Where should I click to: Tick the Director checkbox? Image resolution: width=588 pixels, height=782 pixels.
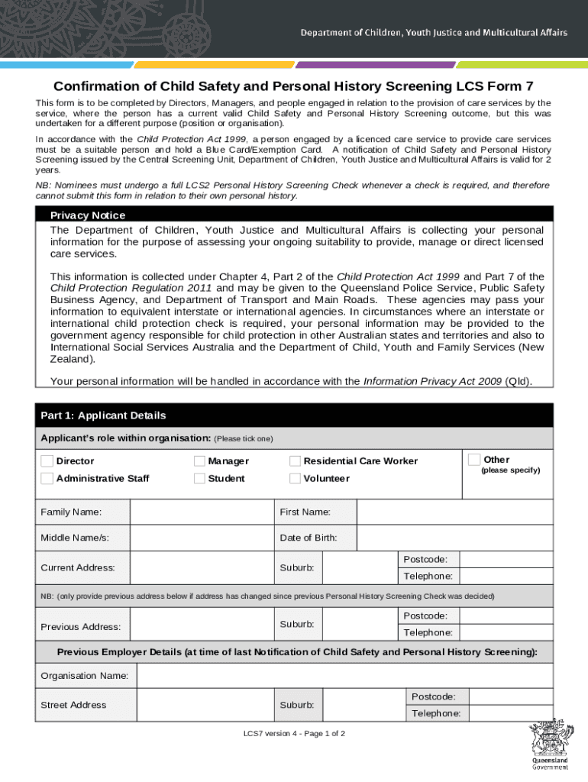[47, 460]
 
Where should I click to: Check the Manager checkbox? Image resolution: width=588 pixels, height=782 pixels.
[199, 460]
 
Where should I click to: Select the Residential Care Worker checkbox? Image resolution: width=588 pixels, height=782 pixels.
[295, 460]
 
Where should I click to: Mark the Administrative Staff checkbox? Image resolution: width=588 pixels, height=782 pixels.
[47, 478]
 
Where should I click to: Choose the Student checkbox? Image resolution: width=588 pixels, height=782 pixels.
[199, 478]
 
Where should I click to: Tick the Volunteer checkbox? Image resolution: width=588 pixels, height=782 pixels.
[295, 478]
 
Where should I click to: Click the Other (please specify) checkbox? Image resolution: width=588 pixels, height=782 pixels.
[474, 459]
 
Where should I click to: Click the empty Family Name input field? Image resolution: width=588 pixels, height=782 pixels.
[202, 512]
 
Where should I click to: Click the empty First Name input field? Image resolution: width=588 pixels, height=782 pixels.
[455, 512]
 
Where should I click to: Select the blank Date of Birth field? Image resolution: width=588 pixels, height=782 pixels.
[455, 538]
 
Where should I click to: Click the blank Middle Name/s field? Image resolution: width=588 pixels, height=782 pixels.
[202, 538]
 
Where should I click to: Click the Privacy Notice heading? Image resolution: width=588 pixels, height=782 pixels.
[88, 215]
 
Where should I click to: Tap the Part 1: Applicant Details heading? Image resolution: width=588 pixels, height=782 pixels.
[103, 415]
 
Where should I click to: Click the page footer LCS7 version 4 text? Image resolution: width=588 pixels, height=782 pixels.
[294, 734]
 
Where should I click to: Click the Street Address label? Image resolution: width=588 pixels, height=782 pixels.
[73, 705]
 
